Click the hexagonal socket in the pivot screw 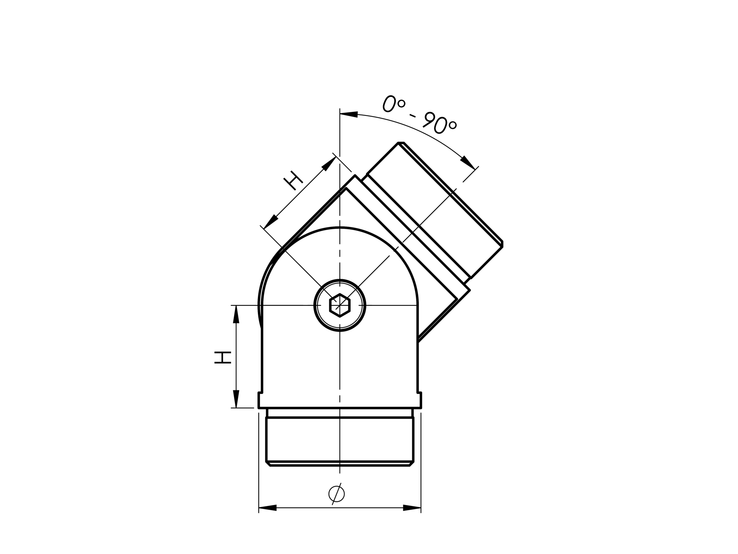point(340,305)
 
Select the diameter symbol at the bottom point(336,494)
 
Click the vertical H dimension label point(223,357)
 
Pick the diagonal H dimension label point(293,180)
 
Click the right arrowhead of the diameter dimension point(412,508)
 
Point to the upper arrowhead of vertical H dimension point(236,314)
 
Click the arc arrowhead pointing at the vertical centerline point(349,114)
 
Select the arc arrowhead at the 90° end point(468,162)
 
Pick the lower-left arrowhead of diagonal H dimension point(271,221)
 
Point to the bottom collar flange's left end point(260,400)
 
